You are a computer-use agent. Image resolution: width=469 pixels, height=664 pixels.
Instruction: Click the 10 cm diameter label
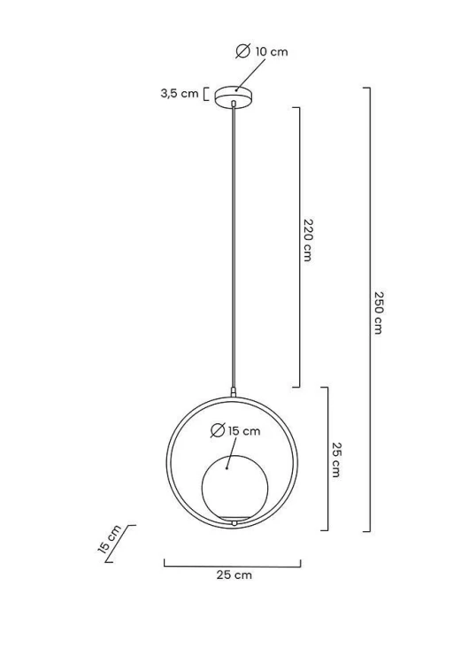pyautogui.click(x=272, y=52)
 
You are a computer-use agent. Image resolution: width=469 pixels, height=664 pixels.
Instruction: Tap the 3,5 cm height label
pyautogui.click(x=180, y=94)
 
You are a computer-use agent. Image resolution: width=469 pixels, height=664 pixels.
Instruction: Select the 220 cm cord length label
pyautogui.click(x=309, y=240)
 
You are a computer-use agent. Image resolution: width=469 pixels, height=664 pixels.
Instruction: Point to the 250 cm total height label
pyautogui.click(x=379, y=313)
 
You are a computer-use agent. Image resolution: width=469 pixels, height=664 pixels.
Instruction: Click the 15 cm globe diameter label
pyautogui.click(x=244, y=431)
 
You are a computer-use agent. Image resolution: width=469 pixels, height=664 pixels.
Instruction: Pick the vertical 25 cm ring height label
pyautogui.click(x=336, y=459)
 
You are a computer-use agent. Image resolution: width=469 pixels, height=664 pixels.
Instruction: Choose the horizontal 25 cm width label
pyautogui.click(x=234, y=575)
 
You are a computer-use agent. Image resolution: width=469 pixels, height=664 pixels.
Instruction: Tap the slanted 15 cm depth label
pyautogui.click(x=109, y=539)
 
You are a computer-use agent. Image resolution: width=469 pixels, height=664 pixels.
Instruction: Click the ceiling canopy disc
pyautogui.click(x=234, y=97)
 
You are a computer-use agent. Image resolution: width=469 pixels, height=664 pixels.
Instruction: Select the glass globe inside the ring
pyautogui.click(x=234, y=488)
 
